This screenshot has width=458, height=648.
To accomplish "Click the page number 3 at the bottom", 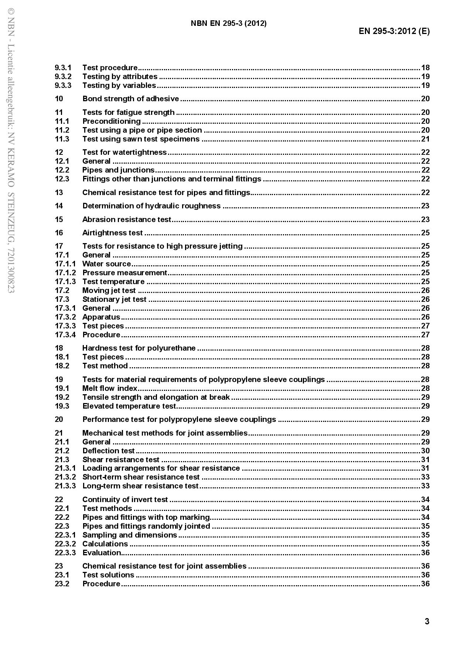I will [x=427, y=621].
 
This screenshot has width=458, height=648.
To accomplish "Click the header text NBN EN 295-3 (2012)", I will [x=229, y=24].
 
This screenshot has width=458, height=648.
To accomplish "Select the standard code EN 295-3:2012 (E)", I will [x=394, y=31].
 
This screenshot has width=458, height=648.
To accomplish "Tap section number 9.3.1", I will [x=63, y=68].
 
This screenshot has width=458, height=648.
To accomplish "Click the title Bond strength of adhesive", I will [x=130, y=99].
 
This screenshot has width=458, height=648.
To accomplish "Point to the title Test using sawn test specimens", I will [x=141, y=139].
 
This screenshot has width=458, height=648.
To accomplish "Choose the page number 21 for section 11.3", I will [x=425, y=139].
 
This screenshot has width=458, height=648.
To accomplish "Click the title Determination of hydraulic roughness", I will [x=151, y=206].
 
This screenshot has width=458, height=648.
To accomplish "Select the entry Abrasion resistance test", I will [x=127, y=219].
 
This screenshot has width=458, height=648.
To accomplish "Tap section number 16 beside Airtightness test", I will [x=59, y=233].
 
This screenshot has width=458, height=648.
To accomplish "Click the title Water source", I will [x=106, y=264].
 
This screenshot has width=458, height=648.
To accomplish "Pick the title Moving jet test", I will [x=109, y=290].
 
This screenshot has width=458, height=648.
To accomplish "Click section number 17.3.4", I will [x=65, y=335].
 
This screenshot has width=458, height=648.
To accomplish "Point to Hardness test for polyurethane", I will [x=139, y=348].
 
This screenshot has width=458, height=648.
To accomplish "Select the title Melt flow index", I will [x=110, y=388].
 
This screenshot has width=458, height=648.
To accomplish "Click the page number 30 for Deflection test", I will [x=425, y=451].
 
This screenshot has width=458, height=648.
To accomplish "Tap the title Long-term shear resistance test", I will [x=140, y=486].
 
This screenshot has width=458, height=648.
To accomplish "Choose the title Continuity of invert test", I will [x=125, y=499].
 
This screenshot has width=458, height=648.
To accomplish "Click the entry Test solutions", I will [x=108, y=575].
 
